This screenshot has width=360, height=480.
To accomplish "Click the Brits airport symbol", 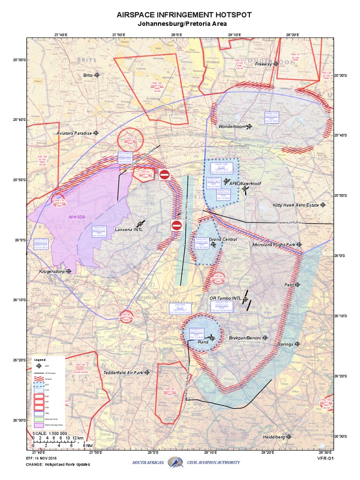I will (97, 75).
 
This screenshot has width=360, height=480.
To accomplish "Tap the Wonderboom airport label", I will (232, 127).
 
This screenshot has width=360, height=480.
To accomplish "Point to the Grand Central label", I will (223, 240).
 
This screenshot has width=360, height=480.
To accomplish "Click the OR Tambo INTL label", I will (225, 298).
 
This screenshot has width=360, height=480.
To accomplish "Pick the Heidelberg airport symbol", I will (289, 436).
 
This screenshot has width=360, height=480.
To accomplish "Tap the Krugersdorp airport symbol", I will (69, 271).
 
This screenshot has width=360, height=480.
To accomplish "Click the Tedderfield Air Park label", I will (122, 373).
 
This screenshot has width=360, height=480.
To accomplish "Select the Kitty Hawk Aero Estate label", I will (296, 205).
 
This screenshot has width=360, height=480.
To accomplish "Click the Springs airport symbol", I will (297, 344).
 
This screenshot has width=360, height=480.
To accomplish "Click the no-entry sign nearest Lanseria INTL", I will (176, 225).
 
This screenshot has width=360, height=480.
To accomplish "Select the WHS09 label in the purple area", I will (77, 217).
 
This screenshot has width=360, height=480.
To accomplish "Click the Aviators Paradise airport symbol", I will (96, 133).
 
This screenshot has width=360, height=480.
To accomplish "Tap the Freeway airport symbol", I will (276, 64).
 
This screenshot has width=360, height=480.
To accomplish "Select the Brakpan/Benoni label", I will (245, 337).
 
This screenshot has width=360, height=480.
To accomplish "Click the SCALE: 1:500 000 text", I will (50, 433).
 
